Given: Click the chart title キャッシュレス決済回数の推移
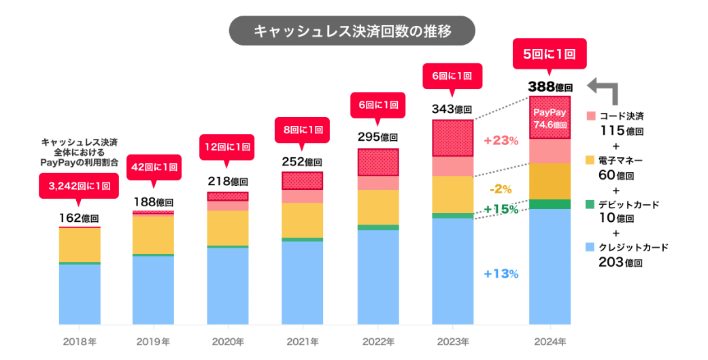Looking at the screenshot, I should click(x=352, y=31).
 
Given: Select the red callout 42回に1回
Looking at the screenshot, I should click(x=154, y=167).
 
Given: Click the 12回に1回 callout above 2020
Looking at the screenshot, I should click(x=228, y=146).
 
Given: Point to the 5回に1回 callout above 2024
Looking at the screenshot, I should click(x=550, y=54).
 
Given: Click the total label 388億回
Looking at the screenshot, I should click(x=550, y=87).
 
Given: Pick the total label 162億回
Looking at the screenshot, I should click(x=80, y=218).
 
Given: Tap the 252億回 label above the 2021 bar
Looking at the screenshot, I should click(x=302, y=162).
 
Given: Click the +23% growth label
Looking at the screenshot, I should click(x=501, y=141).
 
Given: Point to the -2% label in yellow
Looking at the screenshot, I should click(x=501, y=189).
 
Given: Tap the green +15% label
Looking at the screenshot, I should click(x=501, y=209).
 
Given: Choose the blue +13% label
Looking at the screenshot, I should click(x=501, y=274).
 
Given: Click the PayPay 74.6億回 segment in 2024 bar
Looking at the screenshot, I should click(x=550, y=118).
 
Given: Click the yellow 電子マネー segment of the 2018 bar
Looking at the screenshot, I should click(x=80, y=245).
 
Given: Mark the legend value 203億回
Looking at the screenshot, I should click(x=620, y=262).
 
